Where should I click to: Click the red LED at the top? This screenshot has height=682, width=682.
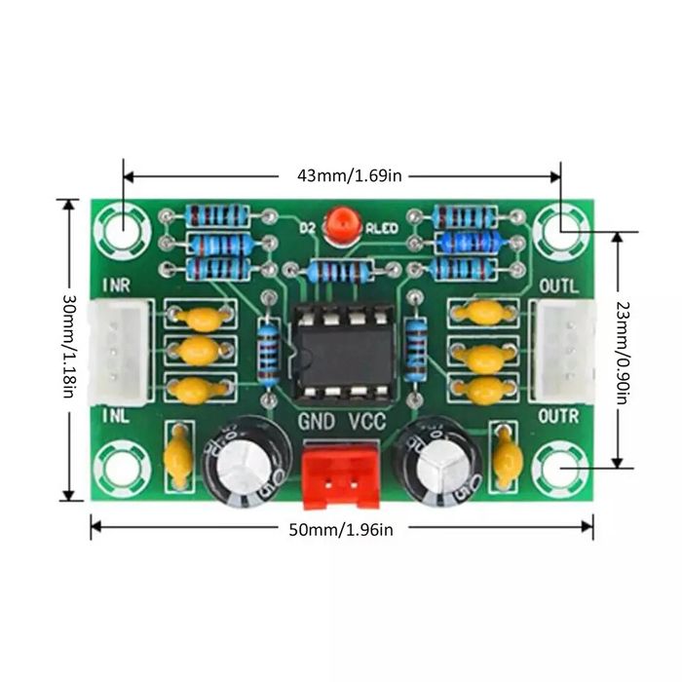[x=341, y=224]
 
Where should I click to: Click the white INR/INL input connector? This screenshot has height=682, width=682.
[x=120, y=351]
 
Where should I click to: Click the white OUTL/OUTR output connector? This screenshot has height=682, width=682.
[x=564, y=351]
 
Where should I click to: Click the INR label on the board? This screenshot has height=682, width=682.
[x=116, y=286]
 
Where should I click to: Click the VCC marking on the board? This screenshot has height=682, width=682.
[x=367, y=422]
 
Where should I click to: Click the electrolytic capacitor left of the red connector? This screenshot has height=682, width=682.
[x=243, y=459]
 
